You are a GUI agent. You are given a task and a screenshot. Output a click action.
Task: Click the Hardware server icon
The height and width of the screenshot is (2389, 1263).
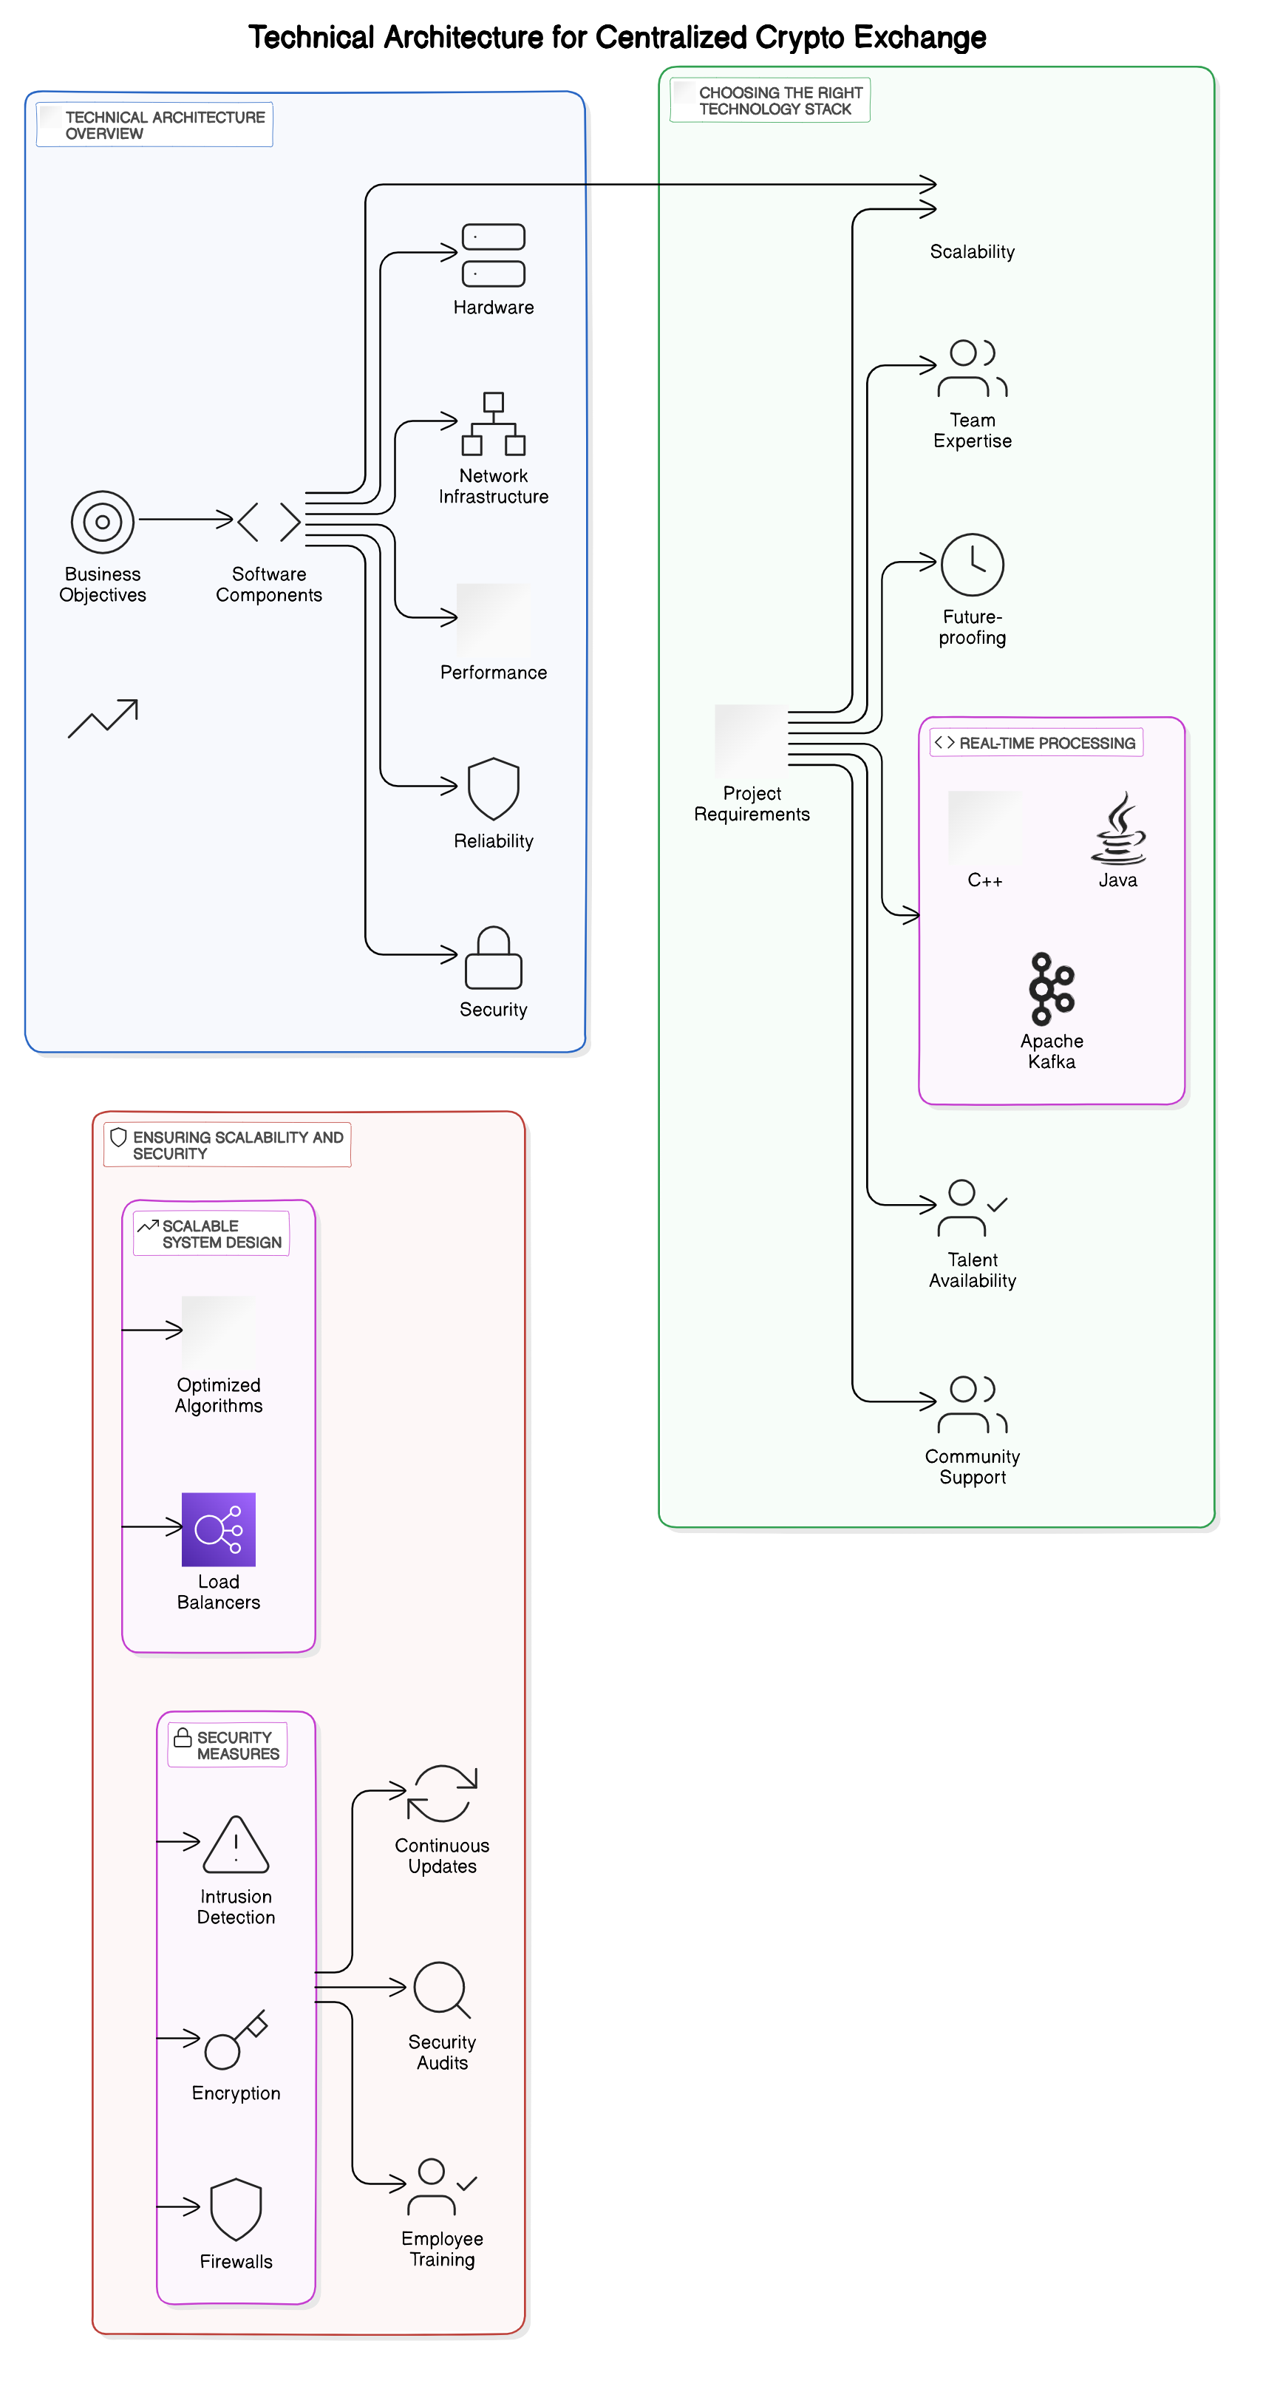(x=494, y=255)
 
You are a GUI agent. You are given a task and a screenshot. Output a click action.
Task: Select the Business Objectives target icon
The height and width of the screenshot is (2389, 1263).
(x=103, y=522)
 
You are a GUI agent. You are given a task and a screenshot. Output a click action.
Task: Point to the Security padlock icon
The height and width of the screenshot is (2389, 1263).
(x=494, y=958)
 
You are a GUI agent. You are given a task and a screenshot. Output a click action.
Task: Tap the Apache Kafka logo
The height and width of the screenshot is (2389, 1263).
(x=1052, y=988)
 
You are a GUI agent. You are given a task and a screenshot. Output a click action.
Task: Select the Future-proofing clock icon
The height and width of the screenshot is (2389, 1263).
(x=972, y=565)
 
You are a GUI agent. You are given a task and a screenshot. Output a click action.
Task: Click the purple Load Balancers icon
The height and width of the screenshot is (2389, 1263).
(x=219, y=1529)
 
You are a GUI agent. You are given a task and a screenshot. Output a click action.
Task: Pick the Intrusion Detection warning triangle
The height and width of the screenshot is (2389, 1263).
(x=236, y=1845)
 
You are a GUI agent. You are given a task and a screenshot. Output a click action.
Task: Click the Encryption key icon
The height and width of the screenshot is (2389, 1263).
(x=236, y=2040)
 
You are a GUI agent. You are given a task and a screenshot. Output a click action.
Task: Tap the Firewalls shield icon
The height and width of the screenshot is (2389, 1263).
(x=236, y=2209)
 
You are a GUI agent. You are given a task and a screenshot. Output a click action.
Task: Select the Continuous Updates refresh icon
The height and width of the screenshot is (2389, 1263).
(x=443, y=1794)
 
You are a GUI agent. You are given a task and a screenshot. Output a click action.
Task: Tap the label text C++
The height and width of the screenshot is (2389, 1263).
(x=985, y=881)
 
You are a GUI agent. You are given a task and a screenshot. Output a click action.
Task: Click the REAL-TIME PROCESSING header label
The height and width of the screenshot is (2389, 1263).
(x=1046, y=744)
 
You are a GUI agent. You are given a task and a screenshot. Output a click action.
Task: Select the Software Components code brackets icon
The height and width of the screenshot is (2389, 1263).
(x=269, y=522)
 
